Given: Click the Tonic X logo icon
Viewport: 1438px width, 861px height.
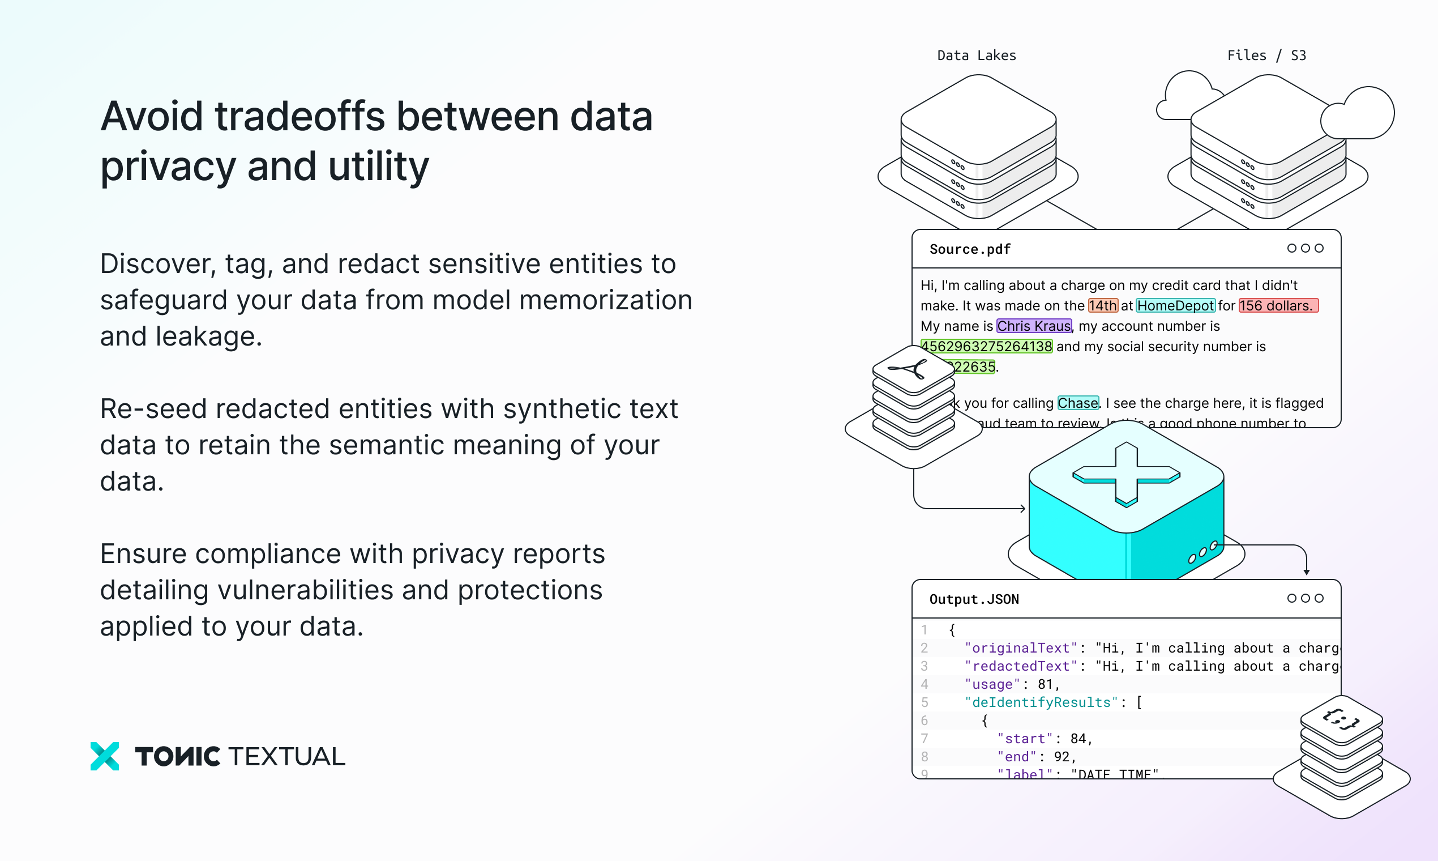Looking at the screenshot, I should coord(105,756).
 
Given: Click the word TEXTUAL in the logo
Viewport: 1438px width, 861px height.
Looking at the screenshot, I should coord(287,757).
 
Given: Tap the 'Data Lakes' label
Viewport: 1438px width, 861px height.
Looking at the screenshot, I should coord(977,56).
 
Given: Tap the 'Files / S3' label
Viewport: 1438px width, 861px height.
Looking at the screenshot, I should coord(1266,56).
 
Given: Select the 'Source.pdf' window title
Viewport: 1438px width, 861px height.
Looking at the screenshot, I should coord(969,249).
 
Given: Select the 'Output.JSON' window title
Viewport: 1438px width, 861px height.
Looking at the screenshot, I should coord(974,599).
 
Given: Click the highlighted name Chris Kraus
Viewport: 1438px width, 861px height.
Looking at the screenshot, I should coord(1034,326).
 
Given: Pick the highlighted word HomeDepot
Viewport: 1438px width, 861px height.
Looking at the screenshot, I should coord(1175,306).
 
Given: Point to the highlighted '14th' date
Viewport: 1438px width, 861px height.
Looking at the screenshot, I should coord(1102,306).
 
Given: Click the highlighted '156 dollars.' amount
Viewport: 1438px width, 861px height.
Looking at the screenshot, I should coord(1278,306).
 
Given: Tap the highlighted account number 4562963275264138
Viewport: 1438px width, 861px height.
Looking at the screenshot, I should coord(987,346).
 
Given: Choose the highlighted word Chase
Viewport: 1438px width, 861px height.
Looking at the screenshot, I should coord(1077,403).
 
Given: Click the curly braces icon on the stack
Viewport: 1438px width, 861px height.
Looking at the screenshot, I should coord(1341,719).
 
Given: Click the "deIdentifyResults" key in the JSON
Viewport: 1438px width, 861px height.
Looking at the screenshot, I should coord(1041,702).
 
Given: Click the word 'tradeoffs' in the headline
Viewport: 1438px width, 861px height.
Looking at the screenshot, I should coord(300,117).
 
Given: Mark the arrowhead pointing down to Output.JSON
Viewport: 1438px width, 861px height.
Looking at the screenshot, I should coord(1307,572).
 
